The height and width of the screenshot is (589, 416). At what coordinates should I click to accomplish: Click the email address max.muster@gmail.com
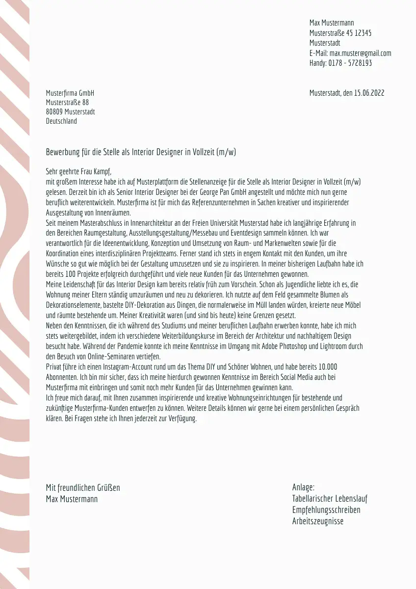pos(360,53)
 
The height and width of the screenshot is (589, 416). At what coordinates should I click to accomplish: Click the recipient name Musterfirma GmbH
pos(70,93)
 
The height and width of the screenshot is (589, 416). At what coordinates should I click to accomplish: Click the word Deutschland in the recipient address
pos(61,121)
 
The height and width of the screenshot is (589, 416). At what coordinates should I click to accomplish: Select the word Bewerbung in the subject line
pos(61,152)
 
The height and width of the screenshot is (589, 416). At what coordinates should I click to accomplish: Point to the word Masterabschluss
pos(93,223)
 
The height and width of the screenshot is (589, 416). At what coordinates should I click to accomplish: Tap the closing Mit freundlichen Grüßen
pos(83,487)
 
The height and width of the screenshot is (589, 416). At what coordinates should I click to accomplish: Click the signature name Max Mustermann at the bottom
pos(72,499)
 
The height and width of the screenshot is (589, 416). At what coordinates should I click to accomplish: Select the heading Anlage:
pos(303,487)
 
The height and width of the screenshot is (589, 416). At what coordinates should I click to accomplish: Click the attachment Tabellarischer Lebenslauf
pos(330,499)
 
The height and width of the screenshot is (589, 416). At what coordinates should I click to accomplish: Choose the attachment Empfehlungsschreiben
pos(326,510)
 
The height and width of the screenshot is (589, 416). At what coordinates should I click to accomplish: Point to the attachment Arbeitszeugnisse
pos(318,521)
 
